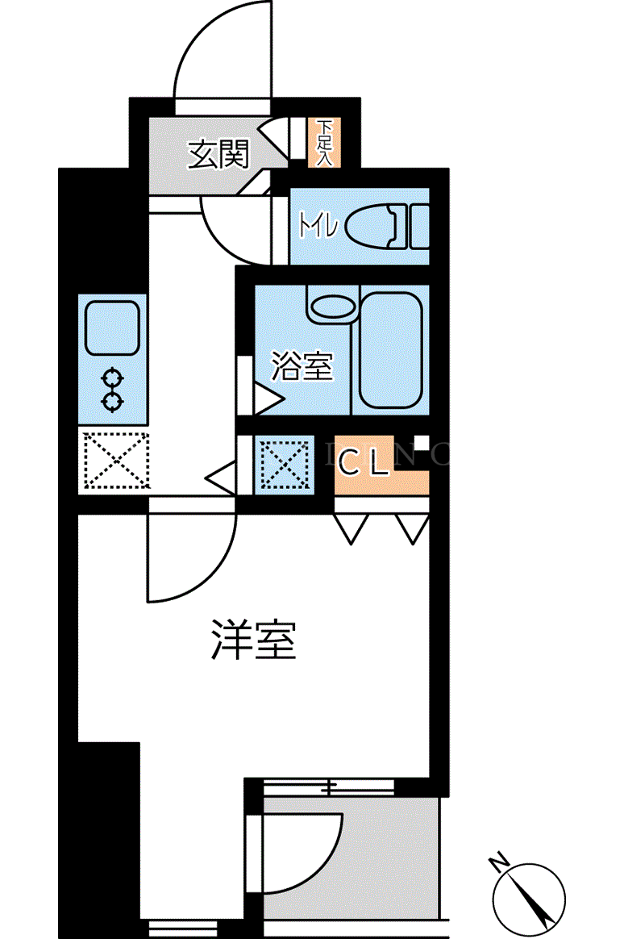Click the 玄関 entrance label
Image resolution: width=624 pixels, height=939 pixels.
click(218, 155)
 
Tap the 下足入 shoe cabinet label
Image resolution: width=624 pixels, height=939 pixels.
click(324, 143)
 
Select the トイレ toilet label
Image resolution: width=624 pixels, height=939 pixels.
click(319, 227)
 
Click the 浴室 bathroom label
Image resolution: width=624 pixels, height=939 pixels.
click(302, 365)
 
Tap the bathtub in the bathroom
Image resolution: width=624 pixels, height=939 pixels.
click(391, 350)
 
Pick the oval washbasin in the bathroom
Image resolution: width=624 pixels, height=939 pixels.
click(331, 307)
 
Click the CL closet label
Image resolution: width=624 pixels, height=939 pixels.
click(363, 462)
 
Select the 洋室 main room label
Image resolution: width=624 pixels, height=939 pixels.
click(254, 640)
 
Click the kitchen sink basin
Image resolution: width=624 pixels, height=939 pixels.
click(113, 328)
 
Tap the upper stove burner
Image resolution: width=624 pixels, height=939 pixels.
click(112, 378)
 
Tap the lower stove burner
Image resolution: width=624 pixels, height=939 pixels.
click(112, 401)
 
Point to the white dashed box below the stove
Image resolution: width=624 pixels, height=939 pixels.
click(115, 460)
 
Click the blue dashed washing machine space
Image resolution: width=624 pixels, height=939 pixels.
click(284, 464)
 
